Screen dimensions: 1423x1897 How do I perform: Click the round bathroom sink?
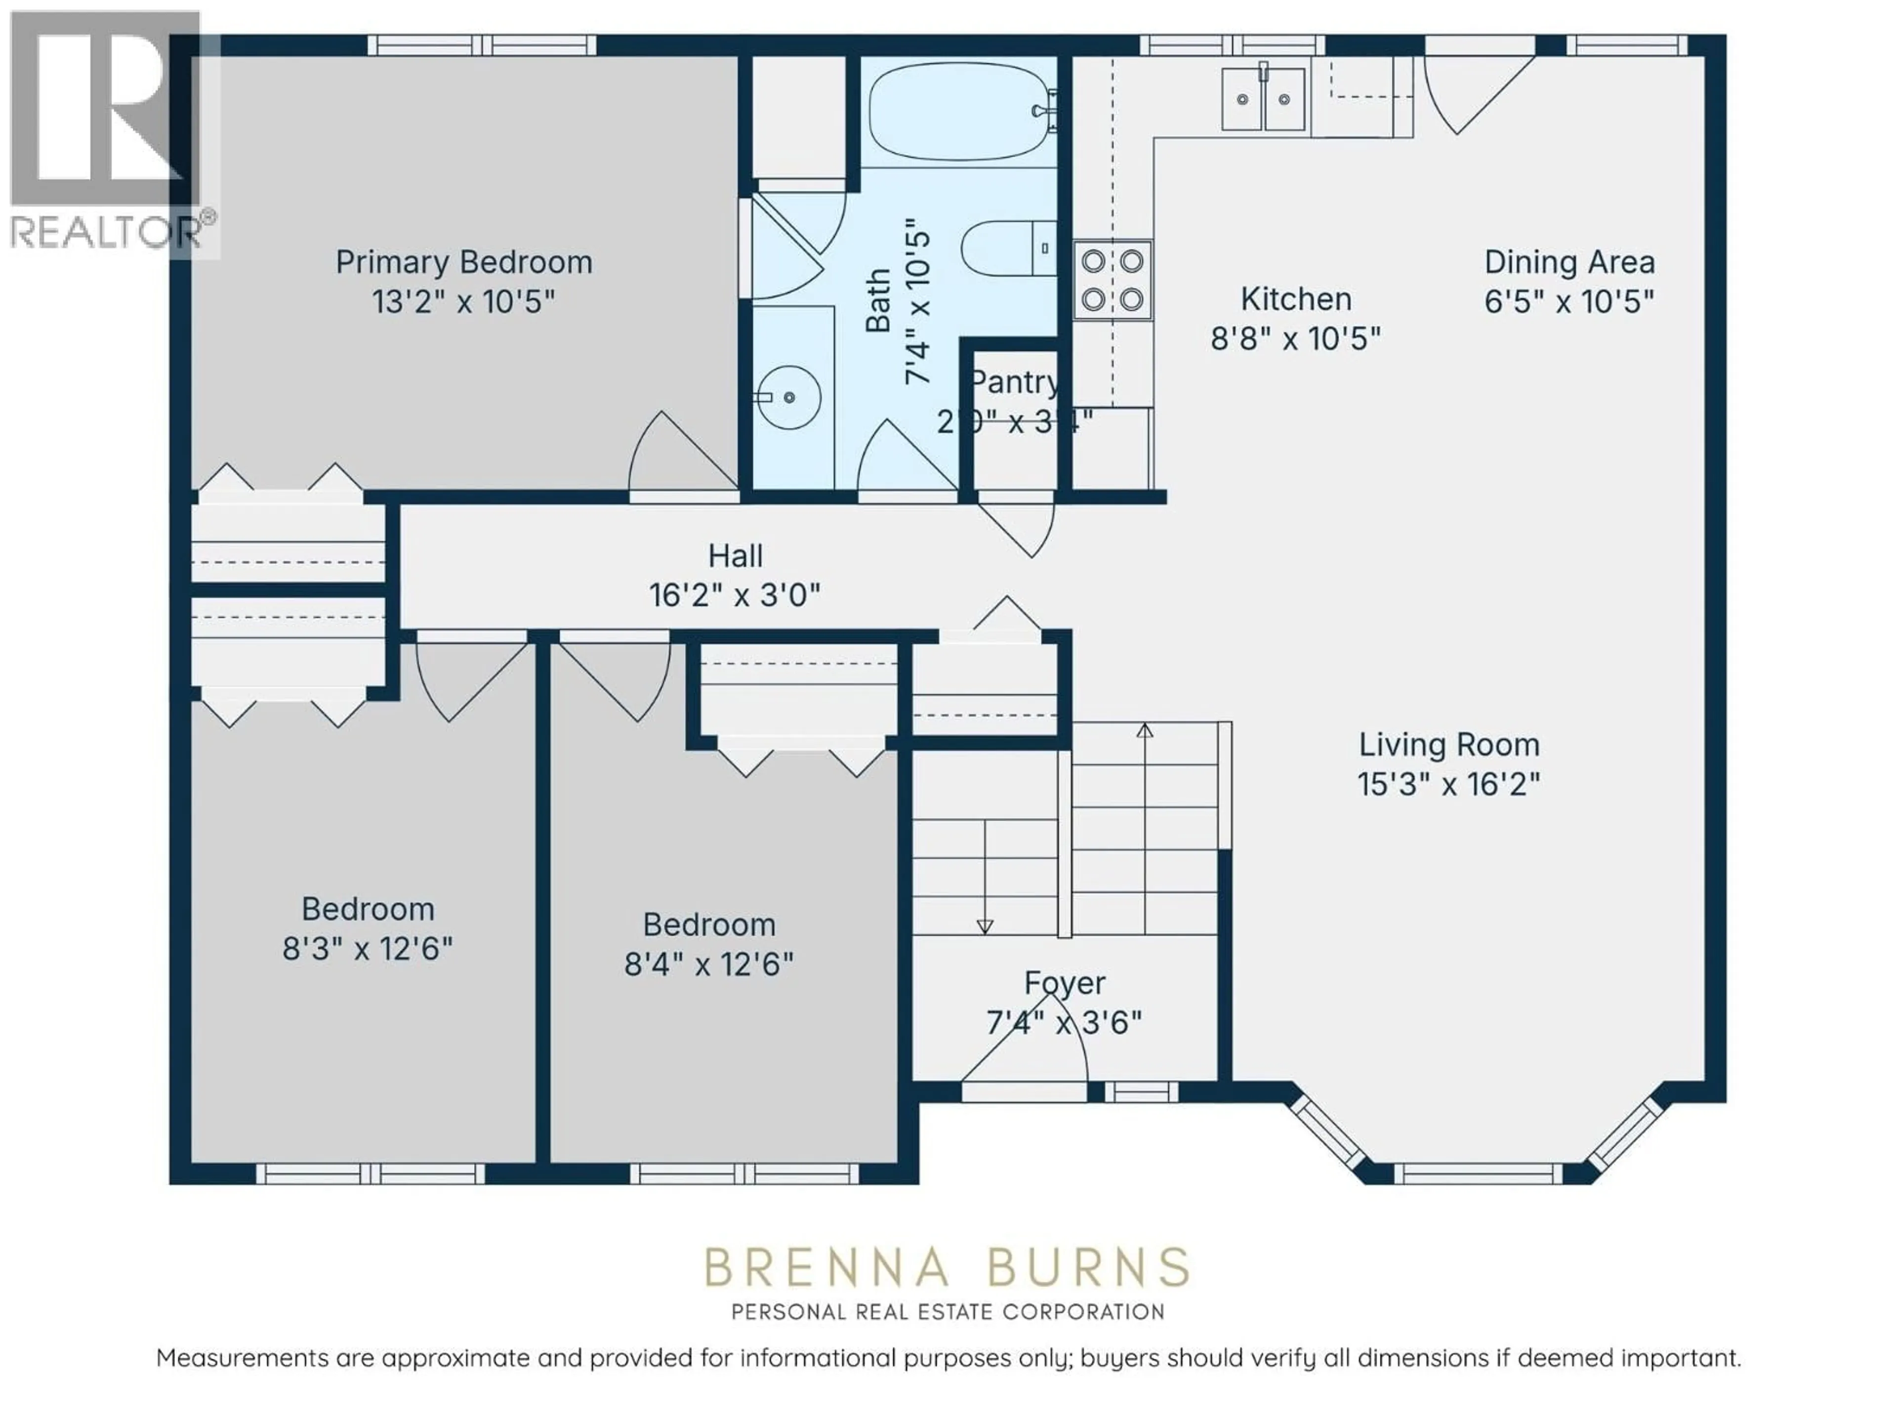[x=788, y=397]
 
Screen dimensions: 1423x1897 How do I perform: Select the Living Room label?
[x=1448, y=745]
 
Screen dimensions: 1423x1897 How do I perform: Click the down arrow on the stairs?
[x=985, y=926]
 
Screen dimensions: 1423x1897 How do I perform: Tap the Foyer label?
[x=1064, y=983]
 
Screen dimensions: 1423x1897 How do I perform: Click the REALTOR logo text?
[x=103, y=232]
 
